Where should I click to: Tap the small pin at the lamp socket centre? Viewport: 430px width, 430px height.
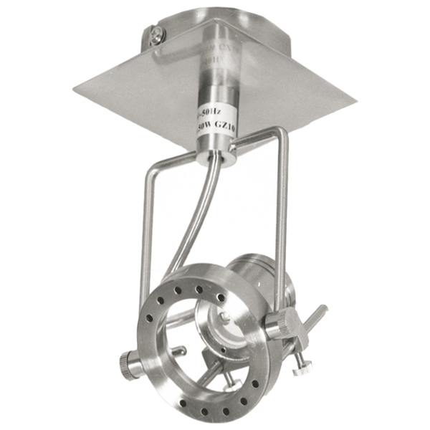[224, 315]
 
